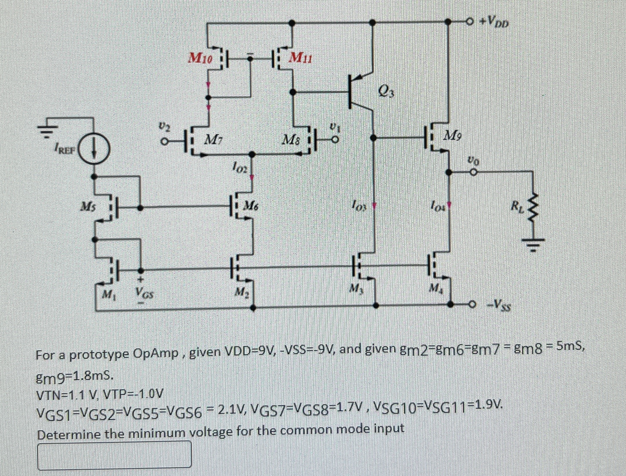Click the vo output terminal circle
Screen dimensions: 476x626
point(473,172)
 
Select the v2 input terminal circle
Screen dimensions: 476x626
point(165,142)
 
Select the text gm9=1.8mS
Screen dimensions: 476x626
point(74,377)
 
